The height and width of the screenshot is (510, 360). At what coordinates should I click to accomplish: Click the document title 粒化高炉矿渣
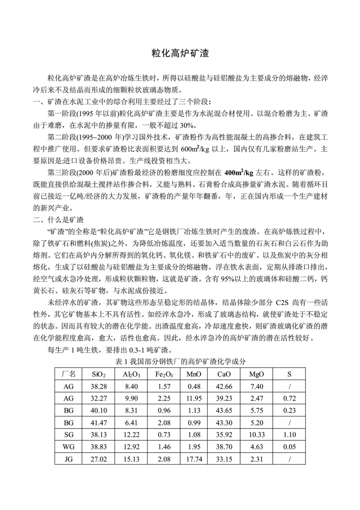click(180, 53)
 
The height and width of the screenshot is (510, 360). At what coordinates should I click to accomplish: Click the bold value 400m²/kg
click(239, 173)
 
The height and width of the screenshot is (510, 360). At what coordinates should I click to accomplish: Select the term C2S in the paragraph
click(282, 303)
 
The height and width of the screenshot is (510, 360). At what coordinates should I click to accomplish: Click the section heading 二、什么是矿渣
click(58, 220)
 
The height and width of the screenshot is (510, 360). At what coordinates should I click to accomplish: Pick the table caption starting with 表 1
click(180, 361)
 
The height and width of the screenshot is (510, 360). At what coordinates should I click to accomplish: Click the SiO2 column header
click(99, 374)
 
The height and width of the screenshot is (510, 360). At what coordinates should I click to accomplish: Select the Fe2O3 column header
click(164, 374)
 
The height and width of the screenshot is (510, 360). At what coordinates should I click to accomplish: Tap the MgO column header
click(257, 374)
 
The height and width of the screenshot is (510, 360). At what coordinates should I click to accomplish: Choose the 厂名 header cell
click(69, 374)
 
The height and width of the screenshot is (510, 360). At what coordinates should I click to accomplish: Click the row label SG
click(69, 435)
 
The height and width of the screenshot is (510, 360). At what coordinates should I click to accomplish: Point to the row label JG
click(69, 459)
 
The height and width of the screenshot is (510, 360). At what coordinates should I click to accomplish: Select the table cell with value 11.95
click(194, 399)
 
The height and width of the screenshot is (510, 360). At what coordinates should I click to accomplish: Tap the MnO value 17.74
click(194, 459)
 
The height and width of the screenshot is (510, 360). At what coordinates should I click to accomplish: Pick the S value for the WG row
click(290, 447)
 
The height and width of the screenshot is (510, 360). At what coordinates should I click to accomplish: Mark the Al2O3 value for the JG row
click(131, 459)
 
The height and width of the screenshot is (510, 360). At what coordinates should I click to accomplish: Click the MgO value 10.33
click(257, 435)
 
